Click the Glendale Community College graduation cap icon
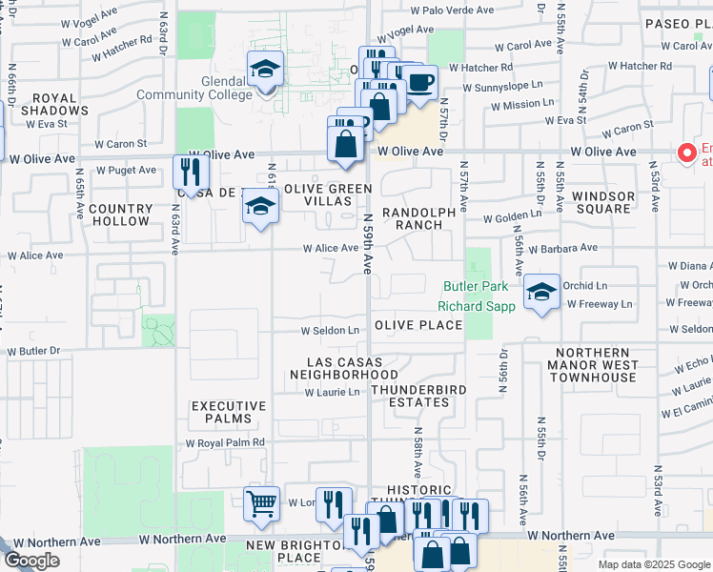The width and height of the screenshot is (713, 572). (x=266, y=70)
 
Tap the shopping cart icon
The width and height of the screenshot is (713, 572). (x=261, y=503)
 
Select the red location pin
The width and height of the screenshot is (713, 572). (x=685, y=153)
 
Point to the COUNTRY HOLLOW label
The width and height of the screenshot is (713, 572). (x=120, y=214)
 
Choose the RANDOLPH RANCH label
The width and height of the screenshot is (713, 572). (x=412, y=218)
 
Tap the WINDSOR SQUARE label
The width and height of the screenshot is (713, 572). (x=603, y=202)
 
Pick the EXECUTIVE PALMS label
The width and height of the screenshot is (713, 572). (x=222, y=412)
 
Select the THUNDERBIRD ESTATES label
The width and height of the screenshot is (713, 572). (x=410, y=396)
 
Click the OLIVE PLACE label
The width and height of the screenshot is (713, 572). (x=418, y=325)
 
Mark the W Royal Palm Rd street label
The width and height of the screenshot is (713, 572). (x=224, y=443)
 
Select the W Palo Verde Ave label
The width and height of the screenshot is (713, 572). (x=452, y=10)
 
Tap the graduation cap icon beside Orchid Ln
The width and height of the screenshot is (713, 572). (x=541, y=293)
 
